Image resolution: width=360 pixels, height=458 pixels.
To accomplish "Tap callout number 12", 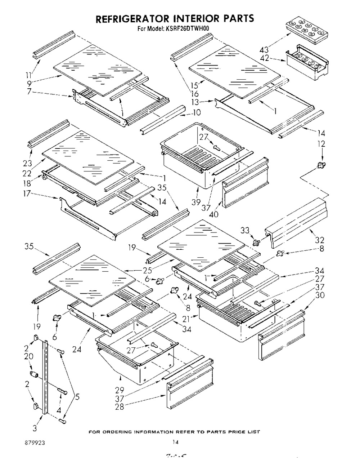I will coord(321,144).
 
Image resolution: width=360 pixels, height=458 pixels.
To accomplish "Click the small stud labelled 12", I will coord(319,165).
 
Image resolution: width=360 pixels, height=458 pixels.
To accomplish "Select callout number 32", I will coord(320,240).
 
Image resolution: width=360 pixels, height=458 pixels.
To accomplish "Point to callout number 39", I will coord(196,203).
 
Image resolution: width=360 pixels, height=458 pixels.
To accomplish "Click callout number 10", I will coord(197,112).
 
